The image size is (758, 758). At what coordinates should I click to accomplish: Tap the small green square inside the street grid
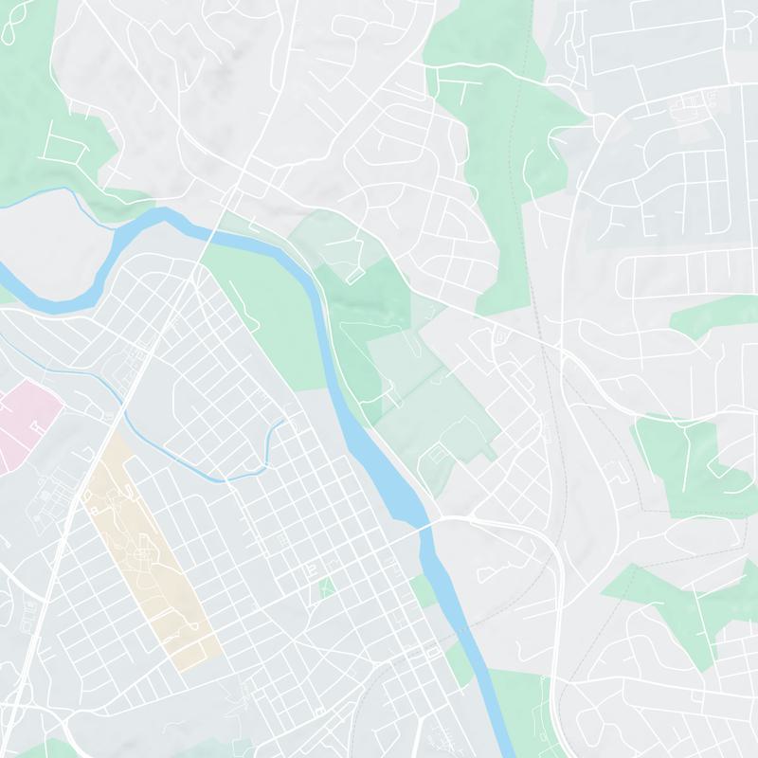tap(326, 587)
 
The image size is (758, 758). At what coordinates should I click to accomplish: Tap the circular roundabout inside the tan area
tap(143, 550)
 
